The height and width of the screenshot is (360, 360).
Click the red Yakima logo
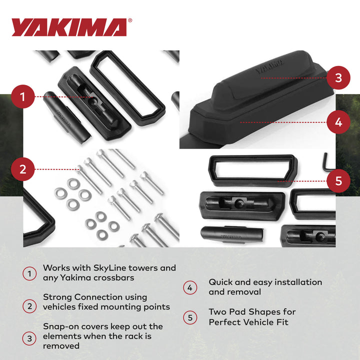69,27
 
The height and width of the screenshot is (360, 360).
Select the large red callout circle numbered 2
22,169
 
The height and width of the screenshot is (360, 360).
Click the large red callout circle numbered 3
338,77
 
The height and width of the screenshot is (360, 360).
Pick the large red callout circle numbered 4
338,121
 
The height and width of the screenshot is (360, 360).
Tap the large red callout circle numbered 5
338,180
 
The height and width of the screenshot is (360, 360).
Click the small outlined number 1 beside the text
29,273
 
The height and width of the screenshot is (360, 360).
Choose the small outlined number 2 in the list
29,306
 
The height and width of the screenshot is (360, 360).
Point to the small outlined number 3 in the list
29,338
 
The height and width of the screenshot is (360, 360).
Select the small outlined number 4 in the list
189,287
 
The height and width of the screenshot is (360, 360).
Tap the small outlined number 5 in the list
189,317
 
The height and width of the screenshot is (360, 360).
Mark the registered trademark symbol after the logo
130,20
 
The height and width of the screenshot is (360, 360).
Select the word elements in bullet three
62,336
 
